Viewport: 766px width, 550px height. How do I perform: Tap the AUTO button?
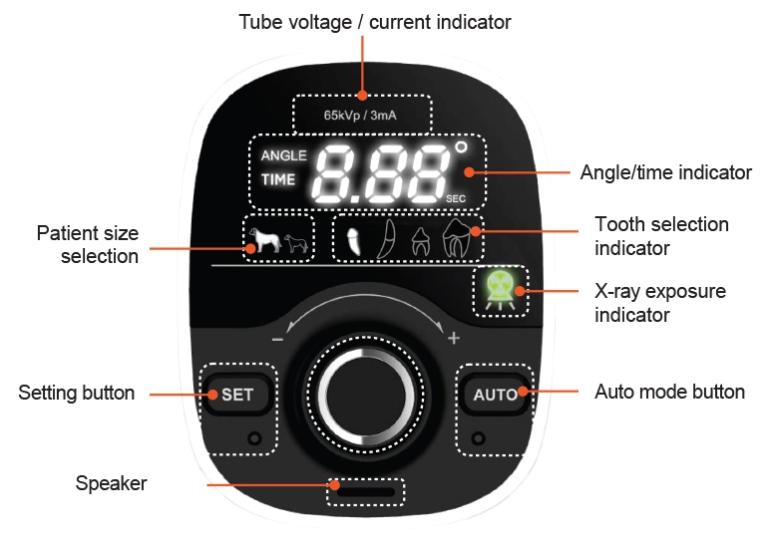click(495, 395)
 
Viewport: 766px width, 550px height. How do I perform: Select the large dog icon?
click(263, 239)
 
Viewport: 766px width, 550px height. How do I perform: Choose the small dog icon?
click(295, 242)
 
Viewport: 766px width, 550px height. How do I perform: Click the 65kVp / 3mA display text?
click(361, 115)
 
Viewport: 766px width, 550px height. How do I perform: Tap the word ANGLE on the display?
click(283, 156)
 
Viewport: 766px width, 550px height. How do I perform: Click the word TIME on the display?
click(278, 180)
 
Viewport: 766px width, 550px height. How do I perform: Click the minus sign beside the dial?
click(277, 339)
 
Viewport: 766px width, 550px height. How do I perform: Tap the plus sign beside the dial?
click(454, 339)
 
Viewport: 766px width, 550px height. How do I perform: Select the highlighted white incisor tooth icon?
click(351, 239)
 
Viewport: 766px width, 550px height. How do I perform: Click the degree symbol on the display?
click(461, 147)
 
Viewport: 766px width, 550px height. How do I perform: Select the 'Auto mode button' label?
click(669, 392)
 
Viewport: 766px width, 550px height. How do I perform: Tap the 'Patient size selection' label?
click(88, 244)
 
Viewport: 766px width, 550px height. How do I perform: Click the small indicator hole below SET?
click(254, 437)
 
